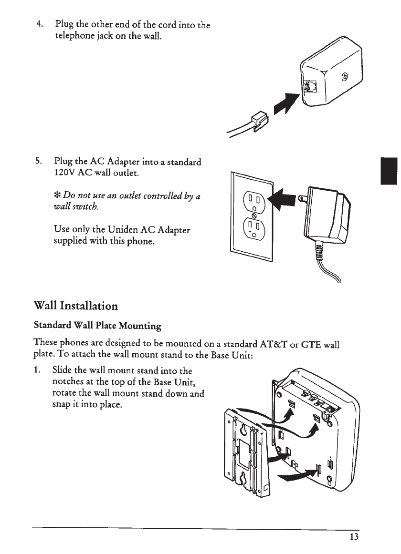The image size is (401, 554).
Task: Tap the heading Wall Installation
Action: (75, 305)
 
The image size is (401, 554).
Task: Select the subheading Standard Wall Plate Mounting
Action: (97, 326)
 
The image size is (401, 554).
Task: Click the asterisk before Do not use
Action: (58, 195)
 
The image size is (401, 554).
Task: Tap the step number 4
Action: (42, 24)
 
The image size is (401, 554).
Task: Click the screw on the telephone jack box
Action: (345, 77)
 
